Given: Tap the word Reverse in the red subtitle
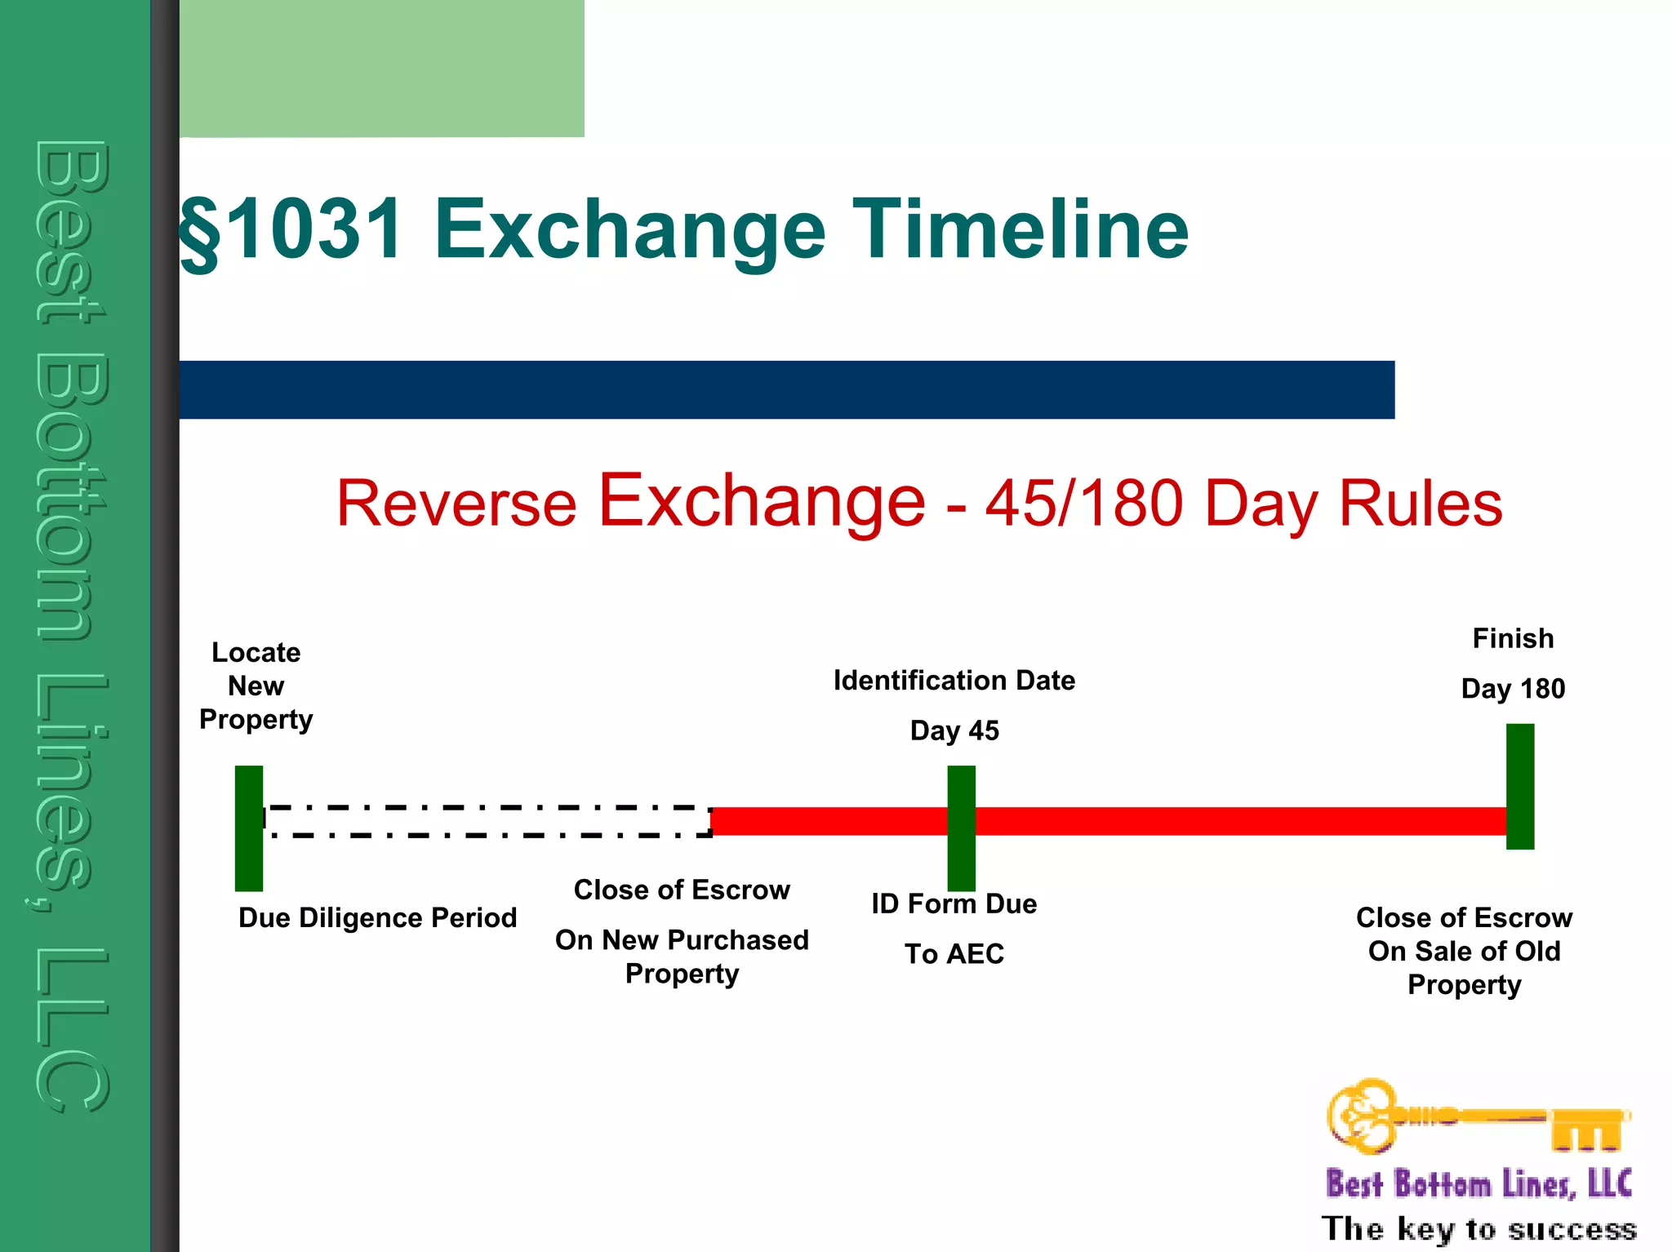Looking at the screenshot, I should click(x=456, y=503).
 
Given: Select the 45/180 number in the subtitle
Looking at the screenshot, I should click(x=1084, y=503).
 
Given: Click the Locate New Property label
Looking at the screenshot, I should click(x=256, y=686).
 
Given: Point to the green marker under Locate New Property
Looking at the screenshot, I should click(x=249, y=828).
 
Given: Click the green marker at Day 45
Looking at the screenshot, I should click(x=961, y=828).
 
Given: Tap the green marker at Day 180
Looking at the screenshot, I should click(x=1519, y=786).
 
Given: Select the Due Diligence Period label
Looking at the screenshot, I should click(x=377, y=917).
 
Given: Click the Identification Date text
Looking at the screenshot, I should click(x=954, y=680).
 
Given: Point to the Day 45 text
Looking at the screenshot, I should click(x=954, y=730).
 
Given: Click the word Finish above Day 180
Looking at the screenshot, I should click(x=1513, y=638).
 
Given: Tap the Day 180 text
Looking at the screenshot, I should click(x=1513, y=689).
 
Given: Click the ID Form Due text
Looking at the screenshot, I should click(x=954, y=903).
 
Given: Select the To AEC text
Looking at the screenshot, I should click(x=954, y=953).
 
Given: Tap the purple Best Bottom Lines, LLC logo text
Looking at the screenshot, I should click(x=1478, y=1183).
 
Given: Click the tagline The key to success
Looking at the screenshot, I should click(x=1478, y=1228).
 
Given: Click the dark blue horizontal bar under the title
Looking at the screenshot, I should click(x=786, y=390).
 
